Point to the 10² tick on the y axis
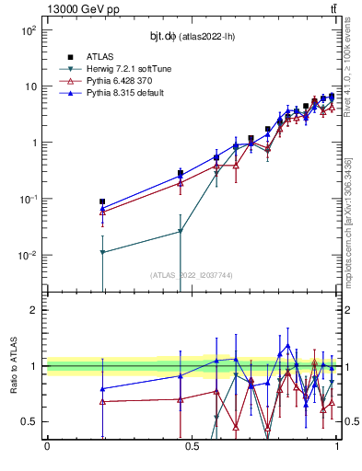pos(28,30)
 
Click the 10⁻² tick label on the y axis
pos(28,256)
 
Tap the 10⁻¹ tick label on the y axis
pos(28,200)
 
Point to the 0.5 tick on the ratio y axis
pos(31,421)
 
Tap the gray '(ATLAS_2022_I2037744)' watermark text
pos(191,275)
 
